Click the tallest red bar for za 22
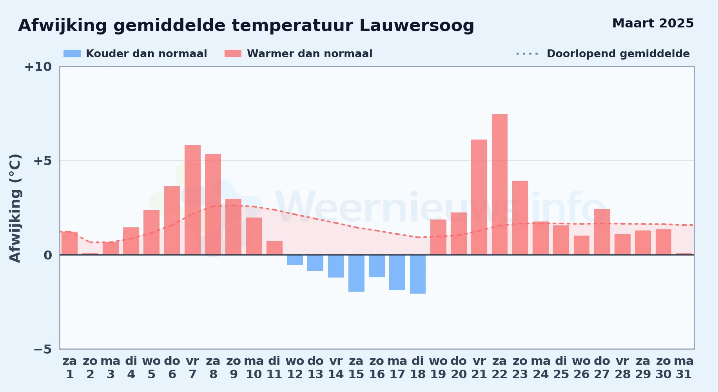tap(500, 184)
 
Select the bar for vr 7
tap(192, 200)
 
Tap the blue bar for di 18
tap(418, 274)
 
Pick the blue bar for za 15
tap(356, 273)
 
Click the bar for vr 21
tap(479, 197)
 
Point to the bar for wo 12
tap(295, 260)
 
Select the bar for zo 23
tap(520, 218)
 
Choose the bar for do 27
tap(602, 232)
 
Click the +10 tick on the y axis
tap(38, 67)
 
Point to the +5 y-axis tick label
tap(42, 161)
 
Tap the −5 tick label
tap(42, 349)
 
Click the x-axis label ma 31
tap(684, 368)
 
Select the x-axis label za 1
tap(70, 368)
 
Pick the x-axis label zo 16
tap(377, 368)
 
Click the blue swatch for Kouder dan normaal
tap(72, 54)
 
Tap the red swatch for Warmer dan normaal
tap(233, 54)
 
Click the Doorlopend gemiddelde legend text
tap(618, 54)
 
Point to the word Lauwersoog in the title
tap(417, 26)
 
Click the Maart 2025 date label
tap(653, 24)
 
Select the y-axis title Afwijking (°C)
tap(15, 208)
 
